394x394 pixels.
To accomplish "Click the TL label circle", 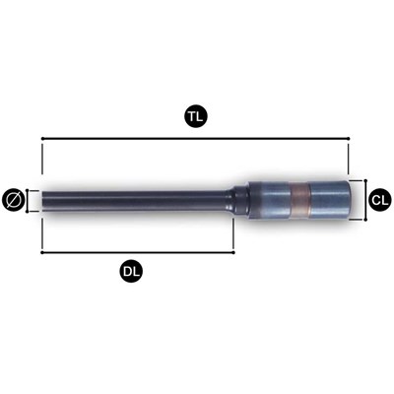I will (x=195, y=117).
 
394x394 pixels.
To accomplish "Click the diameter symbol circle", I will (x=14, y=200).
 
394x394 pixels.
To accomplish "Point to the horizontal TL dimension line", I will (x=118, y=140).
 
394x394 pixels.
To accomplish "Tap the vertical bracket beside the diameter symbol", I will (x=29, y=200).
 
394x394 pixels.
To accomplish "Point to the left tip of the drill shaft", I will (x=43, y=200).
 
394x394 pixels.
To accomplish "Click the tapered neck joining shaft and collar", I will (x=239, y=200).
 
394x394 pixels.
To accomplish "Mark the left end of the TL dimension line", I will (x=42, y=140).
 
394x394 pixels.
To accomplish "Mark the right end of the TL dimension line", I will (x=349, y=140).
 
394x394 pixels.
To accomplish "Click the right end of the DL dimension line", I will (x=233, y=252).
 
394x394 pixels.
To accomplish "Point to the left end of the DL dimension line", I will (x=42, y=252).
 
